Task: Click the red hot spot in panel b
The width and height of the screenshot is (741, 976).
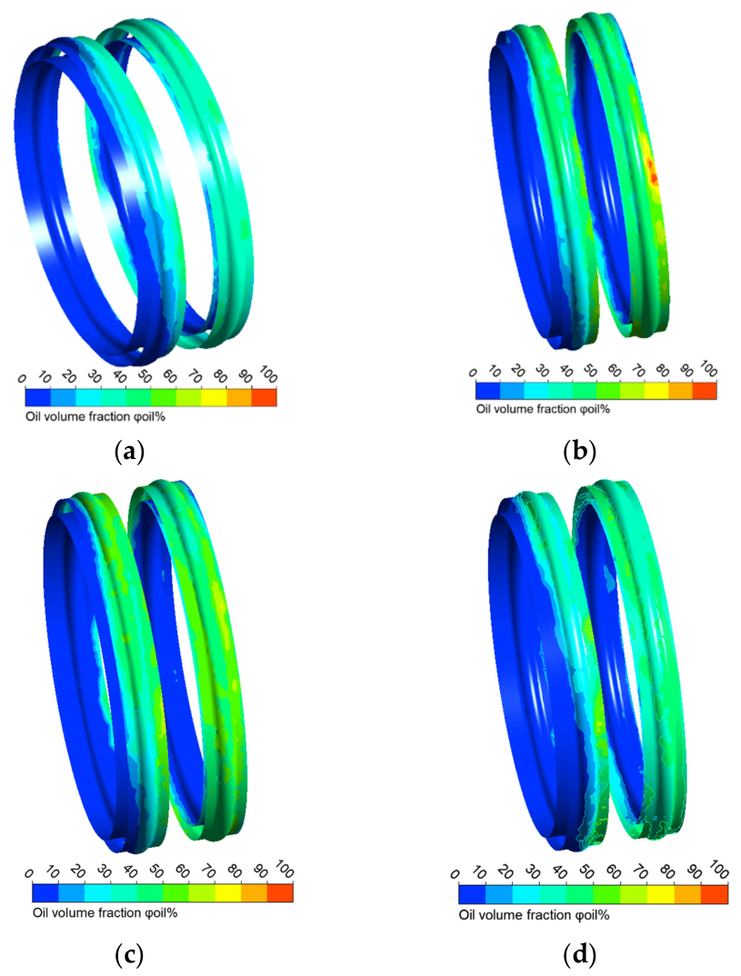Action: click(652, 169)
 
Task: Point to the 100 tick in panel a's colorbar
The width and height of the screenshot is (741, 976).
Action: click(267, 376)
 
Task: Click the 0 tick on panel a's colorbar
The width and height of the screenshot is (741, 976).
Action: click(23, 378)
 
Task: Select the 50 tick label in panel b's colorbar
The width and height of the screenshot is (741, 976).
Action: click(590, 371)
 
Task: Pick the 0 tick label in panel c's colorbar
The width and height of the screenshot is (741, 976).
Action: click(29, 873)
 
